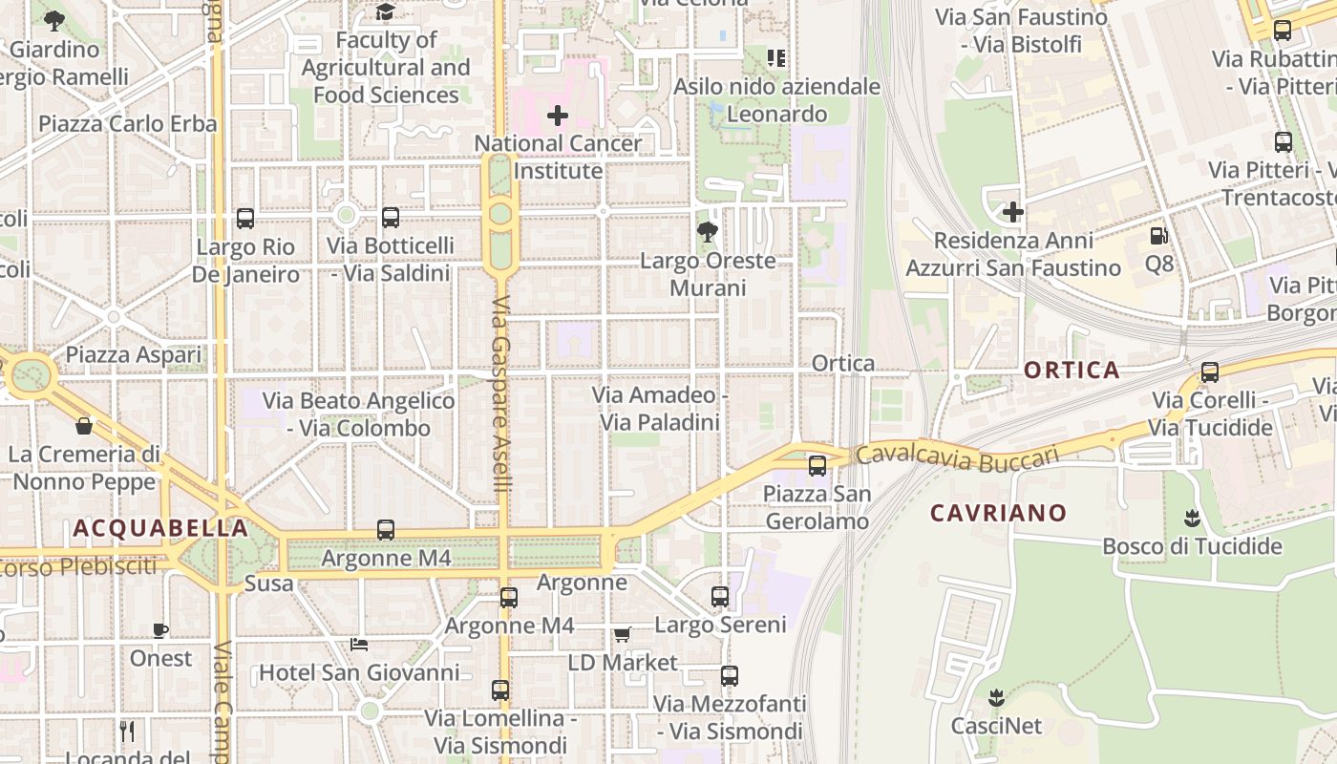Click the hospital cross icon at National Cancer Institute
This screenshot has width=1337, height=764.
(x=558, y=117)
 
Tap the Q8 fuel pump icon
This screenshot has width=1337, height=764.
(x=1158, y=235)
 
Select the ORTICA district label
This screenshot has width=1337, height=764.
(x=1072, y=371)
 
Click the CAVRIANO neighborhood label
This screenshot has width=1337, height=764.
(x=998, y=513)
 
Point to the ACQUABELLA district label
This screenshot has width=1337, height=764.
(x=160, y=528)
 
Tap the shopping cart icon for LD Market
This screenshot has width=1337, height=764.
(x=623, y=634)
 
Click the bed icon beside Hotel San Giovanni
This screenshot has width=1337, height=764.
(x=359, y=644)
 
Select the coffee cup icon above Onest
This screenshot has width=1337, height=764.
(x=160, y=630)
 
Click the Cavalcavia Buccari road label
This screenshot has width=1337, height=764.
(x=957, y=457)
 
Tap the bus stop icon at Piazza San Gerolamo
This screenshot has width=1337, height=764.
(x=817, y=466)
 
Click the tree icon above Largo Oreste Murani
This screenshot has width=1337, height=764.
(x=708, y=231)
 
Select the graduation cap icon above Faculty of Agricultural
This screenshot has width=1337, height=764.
(x=385, y=11)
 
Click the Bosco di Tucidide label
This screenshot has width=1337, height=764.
(x=1192, y=546)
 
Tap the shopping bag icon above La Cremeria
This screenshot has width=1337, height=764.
(x=84, y=426)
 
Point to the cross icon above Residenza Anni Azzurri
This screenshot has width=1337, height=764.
(x=1013, y=212)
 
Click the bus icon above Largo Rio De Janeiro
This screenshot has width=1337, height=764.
(x=245, y=219)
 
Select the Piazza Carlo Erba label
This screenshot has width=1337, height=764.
(x=128, y=124)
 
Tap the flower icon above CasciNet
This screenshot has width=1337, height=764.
(x=997, y=698)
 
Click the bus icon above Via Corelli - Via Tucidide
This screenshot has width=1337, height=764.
(x=1210, y=372)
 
